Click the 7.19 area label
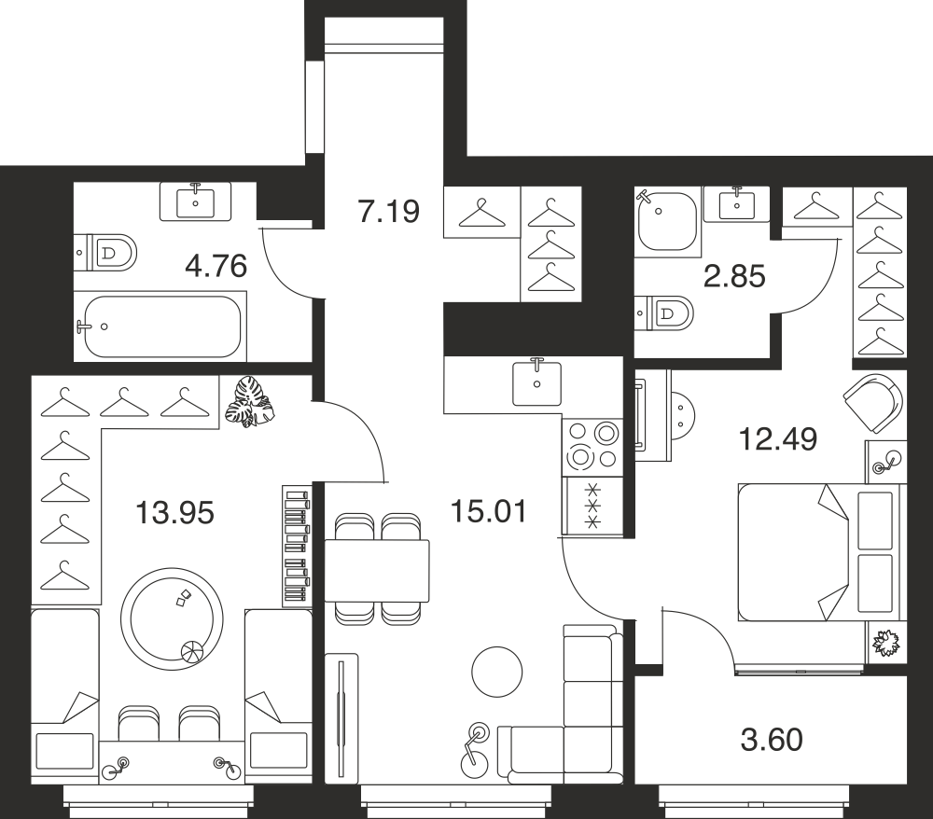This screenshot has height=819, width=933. click(x=389, y=211)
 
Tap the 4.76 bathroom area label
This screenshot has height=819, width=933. click(x=216, y=266)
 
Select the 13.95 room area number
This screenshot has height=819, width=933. click(x=174, y=513)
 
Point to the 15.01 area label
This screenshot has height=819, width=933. click(x=489, y=511)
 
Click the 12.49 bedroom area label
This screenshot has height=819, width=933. click(x=778, y=439)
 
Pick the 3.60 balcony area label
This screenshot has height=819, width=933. click(x=772, y=740)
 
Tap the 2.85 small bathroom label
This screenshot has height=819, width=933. click(x=734, y=276)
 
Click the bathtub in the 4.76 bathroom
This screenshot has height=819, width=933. click(x=160, y=326)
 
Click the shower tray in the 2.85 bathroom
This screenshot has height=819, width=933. click(x=666, y=221)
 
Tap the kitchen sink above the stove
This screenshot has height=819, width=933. click(x=536, y=383)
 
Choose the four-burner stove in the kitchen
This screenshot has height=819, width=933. click(x=592, y=446)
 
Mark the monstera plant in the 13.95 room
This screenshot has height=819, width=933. click(x=250, y=403)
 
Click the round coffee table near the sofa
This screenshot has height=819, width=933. click(x=497, y=673)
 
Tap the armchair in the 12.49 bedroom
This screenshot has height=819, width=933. click(x=873, y=403)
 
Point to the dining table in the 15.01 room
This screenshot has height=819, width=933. click(x=377, y=571)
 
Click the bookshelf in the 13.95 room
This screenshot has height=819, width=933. click(x=297, y=546)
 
